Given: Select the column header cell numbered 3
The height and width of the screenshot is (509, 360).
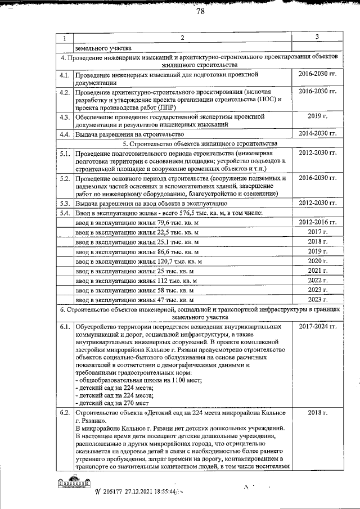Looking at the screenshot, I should pos(317,38).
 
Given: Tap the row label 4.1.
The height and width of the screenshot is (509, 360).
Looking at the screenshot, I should pos(65,75).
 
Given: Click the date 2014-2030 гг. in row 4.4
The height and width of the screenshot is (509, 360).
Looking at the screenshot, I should pos(317,134).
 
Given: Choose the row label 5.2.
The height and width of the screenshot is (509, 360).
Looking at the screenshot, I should pos(65,178).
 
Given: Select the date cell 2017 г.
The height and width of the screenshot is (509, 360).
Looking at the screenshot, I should pos(317,232).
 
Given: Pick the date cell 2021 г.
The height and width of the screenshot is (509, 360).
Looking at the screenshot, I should pos(317,271).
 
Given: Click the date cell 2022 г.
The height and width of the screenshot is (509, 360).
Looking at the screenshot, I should pos(317,280).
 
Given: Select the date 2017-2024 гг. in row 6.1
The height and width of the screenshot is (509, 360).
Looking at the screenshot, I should pos(317,326).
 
